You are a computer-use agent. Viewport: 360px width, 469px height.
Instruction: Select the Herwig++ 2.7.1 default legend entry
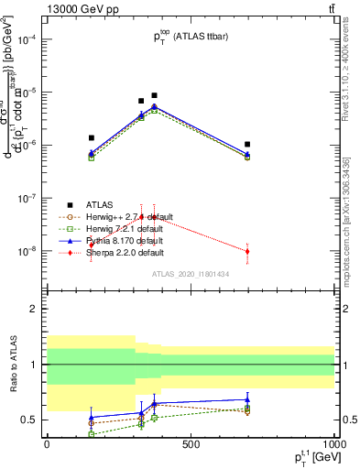tap(119, 216)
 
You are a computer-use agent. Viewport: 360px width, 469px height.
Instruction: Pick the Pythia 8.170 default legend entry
tap(115, 240)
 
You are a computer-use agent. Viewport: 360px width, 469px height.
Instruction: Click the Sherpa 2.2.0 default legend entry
tap(116, 252)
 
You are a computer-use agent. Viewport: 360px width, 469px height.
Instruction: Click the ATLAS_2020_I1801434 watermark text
tap(190, 274)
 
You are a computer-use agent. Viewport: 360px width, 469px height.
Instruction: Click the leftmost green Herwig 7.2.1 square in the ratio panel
tap(91, 433)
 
